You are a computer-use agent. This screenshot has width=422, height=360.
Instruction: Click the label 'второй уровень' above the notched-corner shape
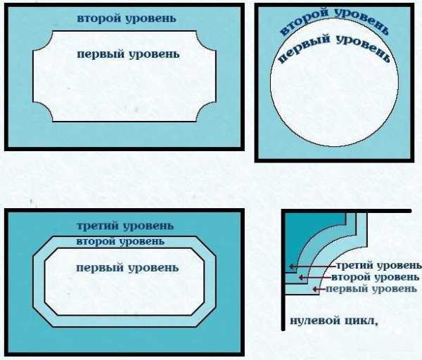click(127, 19)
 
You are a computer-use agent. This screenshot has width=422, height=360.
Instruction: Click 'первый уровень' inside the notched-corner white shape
click(128, 54)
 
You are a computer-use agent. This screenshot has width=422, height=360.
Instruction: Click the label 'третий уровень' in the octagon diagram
click(125, 226)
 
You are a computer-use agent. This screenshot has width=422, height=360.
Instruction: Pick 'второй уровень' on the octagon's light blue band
click(120, 242)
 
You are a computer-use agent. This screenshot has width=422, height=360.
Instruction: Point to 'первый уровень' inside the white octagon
click(127, 268)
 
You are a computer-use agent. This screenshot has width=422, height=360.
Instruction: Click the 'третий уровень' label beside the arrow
click(379, 266)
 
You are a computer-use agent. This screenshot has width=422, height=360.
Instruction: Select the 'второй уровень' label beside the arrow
click(375, 277)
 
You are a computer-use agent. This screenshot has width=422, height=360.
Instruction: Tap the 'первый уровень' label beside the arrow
click(371, 289)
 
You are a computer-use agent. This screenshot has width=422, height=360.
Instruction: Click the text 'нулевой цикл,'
click(334, 321)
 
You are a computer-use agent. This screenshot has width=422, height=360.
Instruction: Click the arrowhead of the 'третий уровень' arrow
click(291, 266)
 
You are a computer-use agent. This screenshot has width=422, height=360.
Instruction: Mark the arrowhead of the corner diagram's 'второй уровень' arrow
click(301, 277)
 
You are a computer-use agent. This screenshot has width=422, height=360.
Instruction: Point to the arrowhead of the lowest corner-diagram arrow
click(315, 289)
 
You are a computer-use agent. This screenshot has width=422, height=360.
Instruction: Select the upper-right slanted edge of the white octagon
click(198, 255)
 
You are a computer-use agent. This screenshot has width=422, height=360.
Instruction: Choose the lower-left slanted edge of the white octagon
click(51, 309)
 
